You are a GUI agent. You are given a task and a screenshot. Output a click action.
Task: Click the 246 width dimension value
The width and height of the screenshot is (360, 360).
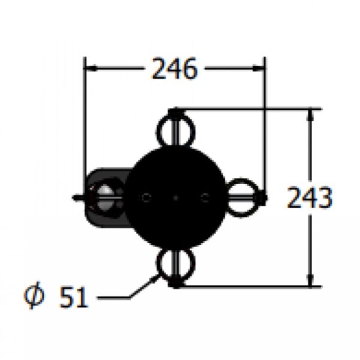175,68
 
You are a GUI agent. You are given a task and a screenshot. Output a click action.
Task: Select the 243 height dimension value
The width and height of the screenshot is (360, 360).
310,197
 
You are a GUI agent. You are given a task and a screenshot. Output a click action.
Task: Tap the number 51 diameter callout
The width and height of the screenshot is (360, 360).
74,297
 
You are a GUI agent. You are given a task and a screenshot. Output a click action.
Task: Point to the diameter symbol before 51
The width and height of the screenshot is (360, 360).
34,295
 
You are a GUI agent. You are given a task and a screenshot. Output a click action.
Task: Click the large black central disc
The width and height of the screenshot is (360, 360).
176,197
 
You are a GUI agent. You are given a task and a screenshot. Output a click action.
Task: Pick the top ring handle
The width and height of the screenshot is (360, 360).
176,130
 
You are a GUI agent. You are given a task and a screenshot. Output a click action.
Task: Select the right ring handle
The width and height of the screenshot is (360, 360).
241,197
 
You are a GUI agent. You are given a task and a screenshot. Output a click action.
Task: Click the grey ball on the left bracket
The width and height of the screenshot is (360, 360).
105,197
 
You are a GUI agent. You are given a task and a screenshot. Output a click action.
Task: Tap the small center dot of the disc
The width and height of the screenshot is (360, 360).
176,197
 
